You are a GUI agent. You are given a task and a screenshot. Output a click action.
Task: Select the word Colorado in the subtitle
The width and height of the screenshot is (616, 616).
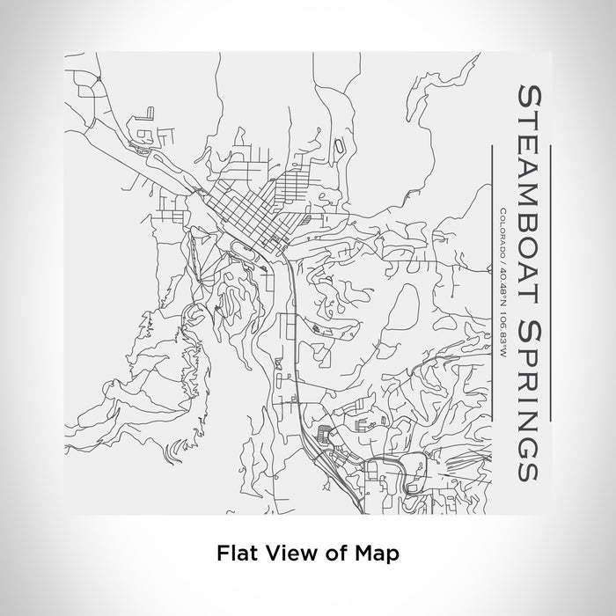click(x=500, y=232)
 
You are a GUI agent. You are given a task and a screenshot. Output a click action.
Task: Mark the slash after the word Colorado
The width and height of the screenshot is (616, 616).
click(x=500, y=261)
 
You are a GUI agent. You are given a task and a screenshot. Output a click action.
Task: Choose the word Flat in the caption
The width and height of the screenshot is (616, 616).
click(x=235, y=554)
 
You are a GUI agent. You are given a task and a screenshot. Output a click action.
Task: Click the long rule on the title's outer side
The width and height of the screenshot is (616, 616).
click(x=550, y=281)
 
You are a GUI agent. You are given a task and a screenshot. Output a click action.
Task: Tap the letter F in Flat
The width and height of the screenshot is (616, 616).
click(x=223, y=554)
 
